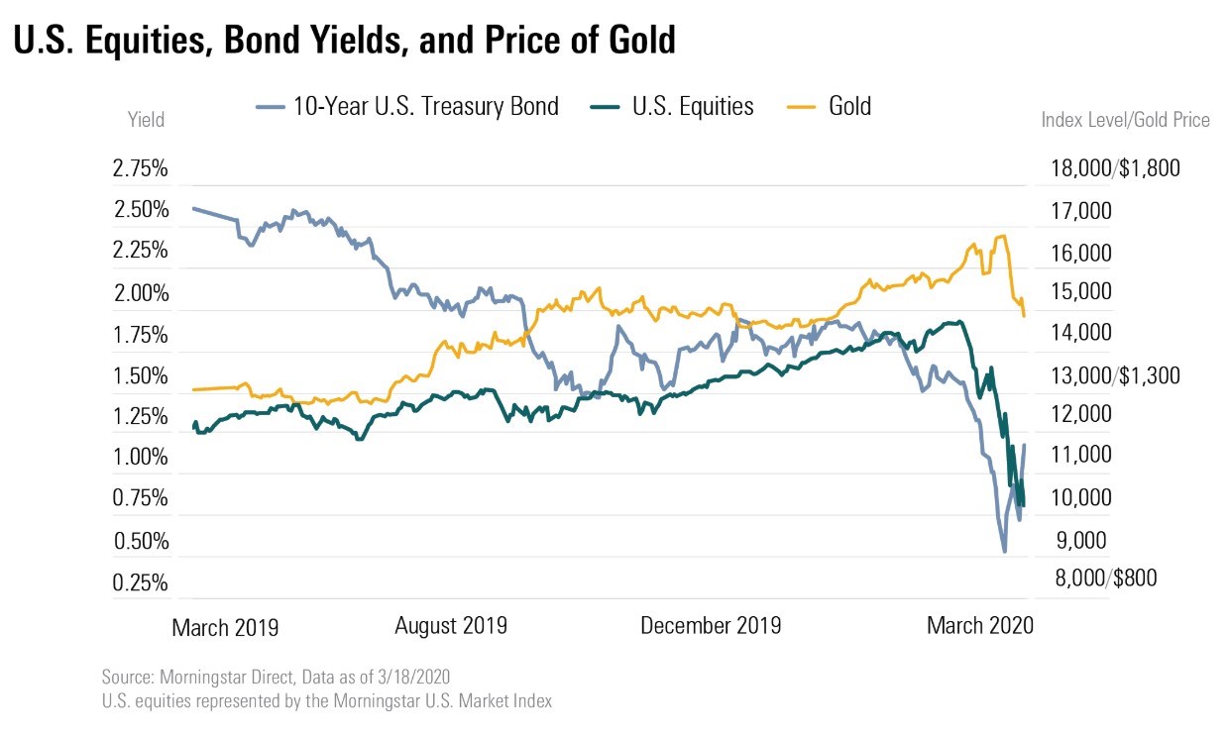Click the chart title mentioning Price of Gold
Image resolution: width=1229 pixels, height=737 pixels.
click(x=344, y=40)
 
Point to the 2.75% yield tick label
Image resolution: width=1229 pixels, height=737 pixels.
click(x=140, y=168)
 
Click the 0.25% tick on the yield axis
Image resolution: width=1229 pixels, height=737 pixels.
click(x=140, y=582)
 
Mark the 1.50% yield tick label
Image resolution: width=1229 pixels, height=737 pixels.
click(x=140, y=375)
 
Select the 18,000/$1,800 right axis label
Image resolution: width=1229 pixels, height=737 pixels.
click(x=1115, y=168)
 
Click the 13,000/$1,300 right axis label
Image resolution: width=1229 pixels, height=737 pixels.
click(x=1115, y=375)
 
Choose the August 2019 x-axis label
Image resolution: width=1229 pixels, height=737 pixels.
click(x=451, y=626)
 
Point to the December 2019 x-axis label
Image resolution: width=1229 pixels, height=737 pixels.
click(x=711, y=626)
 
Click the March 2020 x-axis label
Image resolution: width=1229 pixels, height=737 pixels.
click(x=980, y=626)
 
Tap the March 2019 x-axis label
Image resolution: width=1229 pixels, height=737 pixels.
click(x=225, y=627)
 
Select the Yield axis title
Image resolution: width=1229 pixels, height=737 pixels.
click(x=146, y=120)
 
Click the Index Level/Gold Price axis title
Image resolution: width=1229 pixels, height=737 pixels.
click(x=1125, y=120)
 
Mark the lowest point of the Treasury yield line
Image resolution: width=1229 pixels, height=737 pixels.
click(x=1005, y=552)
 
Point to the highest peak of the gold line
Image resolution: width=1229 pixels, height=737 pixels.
click(x=1003, y=236)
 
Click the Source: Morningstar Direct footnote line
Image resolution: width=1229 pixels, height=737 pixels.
click(x=276, y=678)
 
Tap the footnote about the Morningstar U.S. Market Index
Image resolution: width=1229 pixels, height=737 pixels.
click(x=326, y=701)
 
